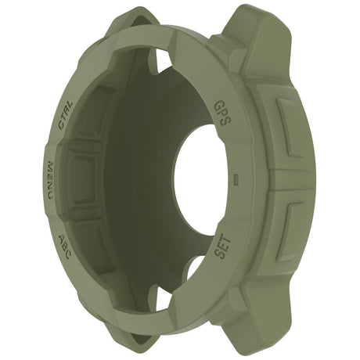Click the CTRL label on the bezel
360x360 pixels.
[67, 114]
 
